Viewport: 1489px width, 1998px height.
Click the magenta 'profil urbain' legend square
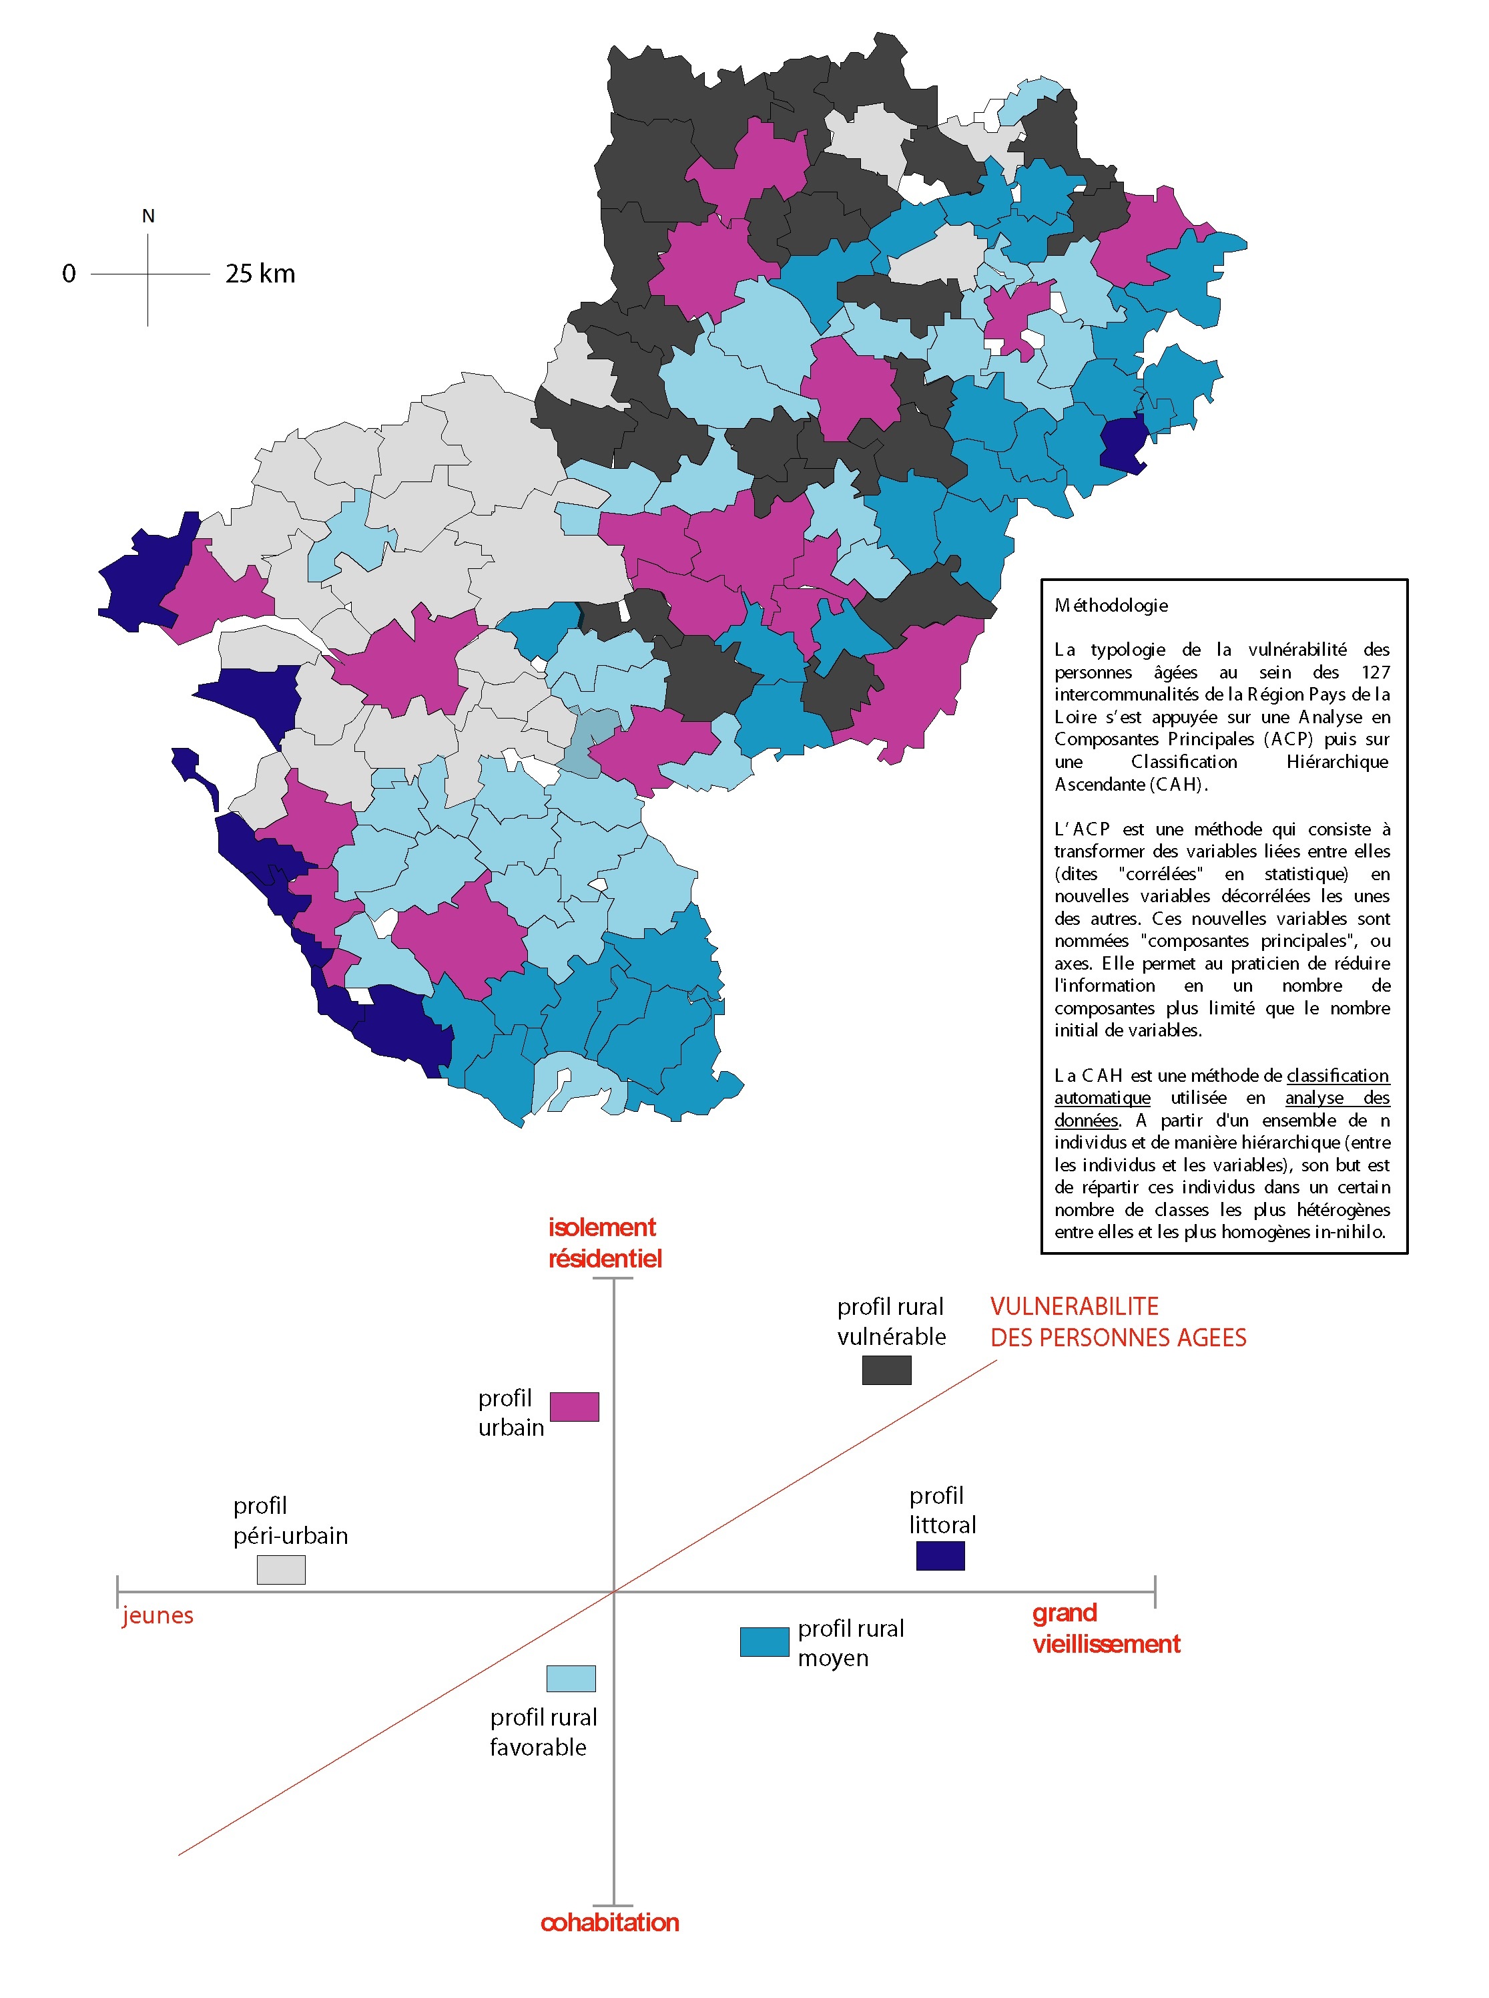[574, 1406]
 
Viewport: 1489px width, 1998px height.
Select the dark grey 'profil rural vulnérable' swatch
[886, 1370]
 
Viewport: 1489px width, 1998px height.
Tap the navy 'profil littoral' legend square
[940, 1555]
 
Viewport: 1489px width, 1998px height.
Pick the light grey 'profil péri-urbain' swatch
[281, 1570]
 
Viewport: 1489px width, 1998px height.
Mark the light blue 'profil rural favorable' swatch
[571, 1679]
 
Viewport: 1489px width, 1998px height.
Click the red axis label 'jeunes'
[158, 1615]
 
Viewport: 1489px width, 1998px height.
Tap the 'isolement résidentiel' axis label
[605, 1243]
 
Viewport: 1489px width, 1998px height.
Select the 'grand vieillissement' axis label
[1105, 1628]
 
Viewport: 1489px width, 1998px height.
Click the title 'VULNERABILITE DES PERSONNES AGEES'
[1118, 1322]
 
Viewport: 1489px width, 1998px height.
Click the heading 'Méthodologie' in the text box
[1111, 606]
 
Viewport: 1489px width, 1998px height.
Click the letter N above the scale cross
[149, 216]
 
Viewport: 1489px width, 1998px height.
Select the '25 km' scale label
[260, 273]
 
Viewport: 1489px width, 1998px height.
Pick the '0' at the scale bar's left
[69, 273]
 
